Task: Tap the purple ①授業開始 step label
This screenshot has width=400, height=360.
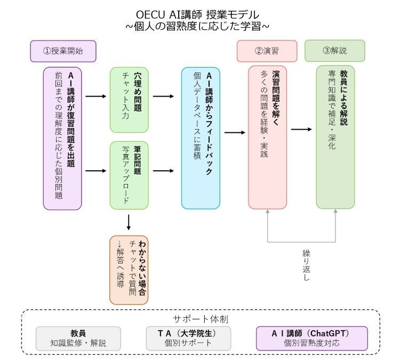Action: [63, 51]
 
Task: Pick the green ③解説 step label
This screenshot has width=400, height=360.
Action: [334, 51]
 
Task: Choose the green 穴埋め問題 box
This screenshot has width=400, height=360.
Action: [129, 99]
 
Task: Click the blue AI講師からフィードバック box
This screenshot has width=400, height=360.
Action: [201, 137]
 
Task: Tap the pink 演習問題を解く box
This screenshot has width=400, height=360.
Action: [267, 137]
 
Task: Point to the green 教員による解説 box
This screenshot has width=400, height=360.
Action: [335, 137]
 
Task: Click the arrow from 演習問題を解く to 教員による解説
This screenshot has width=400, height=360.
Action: [301, 129]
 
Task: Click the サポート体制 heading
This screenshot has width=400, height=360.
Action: [200, 319]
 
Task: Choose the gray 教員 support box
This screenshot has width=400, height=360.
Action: [78, 338]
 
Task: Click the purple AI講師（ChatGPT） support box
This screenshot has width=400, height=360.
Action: [312, 338]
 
